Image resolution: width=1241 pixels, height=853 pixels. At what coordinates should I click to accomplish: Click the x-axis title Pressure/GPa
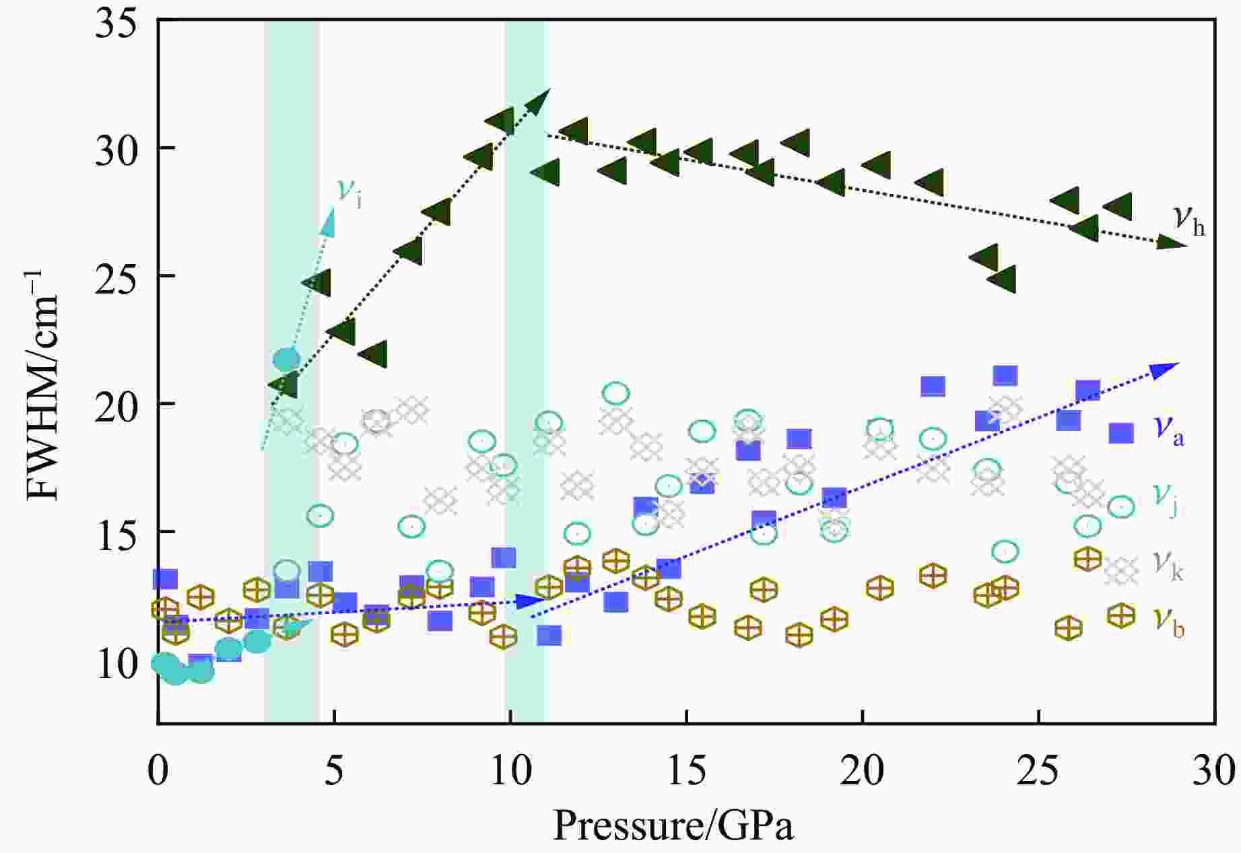pyautogui.click(x=673, y=825)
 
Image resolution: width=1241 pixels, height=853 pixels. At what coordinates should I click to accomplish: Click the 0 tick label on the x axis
pyautogui.click(x=158, y=771)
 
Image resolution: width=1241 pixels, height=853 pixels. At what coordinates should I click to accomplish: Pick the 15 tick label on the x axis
pyautogui.click(x=686, y=771)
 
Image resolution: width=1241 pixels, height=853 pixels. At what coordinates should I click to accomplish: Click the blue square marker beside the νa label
pyautogui.click(x=1120, y=433)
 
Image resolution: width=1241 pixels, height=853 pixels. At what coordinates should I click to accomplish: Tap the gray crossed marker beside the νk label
pyautogui.click(x=1120, y=571)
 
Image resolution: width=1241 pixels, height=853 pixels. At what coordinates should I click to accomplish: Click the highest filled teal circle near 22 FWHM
pyautogui.click(x=286, y=359)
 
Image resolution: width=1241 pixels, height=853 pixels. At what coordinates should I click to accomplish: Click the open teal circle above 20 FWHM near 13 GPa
pyautogui.click(x=615, y=393)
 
